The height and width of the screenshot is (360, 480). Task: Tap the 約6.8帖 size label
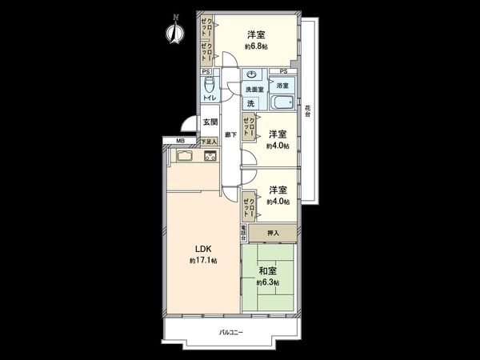coord(256,47)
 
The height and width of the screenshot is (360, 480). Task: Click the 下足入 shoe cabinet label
coord(207,141)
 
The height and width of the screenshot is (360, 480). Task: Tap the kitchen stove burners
coord(211,158)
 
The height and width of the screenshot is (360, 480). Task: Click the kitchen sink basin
coord(180,157)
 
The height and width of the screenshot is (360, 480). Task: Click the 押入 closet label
coord(273,233)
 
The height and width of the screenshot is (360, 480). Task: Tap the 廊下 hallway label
coord(229,135)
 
